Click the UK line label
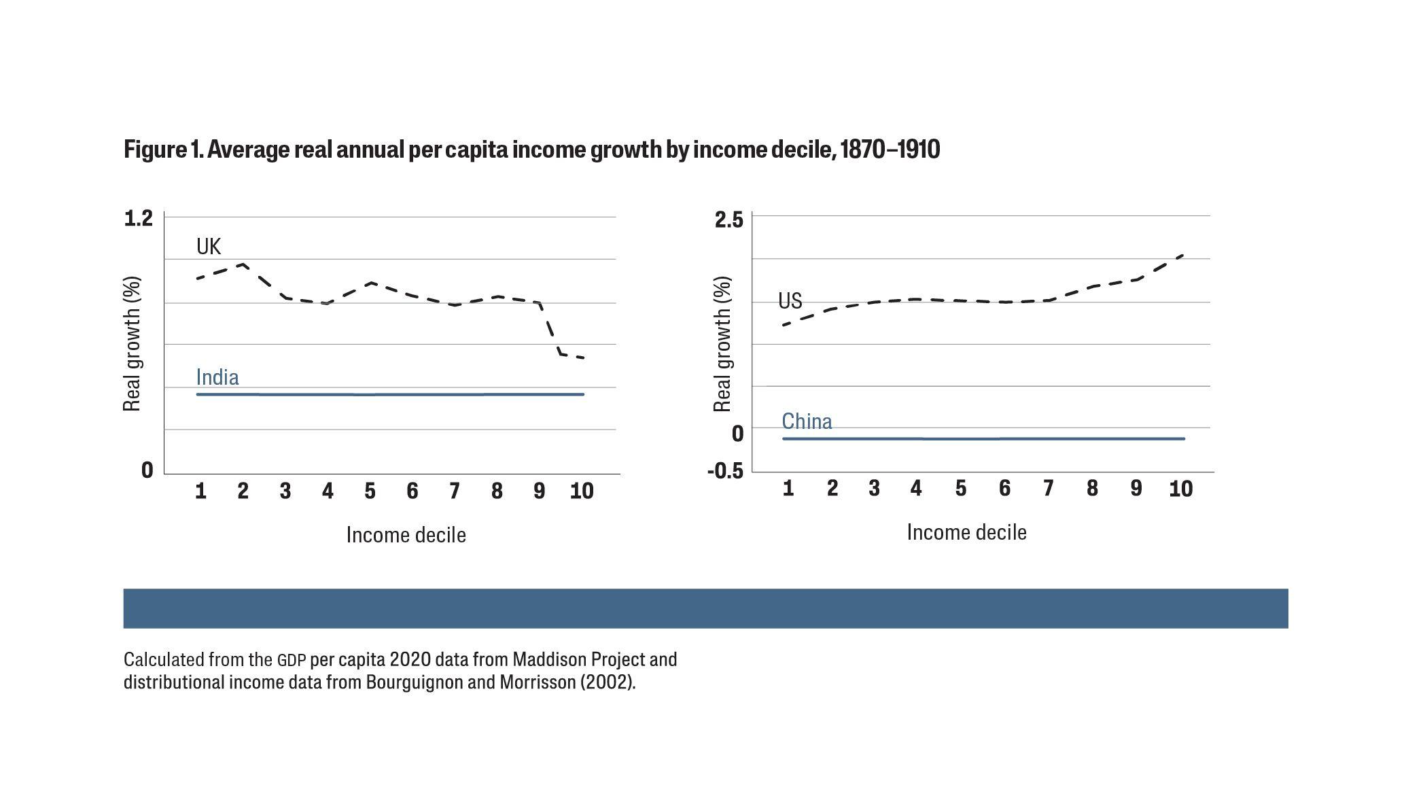[209, 246]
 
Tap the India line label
[217, 377]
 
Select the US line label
[790, 300]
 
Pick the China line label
[807, 421]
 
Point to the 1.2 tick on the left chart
[138, 218]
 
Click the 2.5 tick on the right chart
[728, 220]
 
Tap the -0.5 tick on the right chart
[725, 471]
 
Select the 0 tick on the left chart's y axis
[147, 470]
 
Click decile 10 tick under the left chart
[581, 491]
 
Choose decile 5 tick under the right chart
[960, 488]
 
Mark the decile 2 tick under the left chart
[243, 491]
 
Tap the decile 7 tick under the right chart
[1048, 488]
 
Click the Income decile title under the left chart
[406, 535]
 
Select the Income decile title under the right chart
[966, 532]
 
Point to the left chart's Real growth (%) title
[131, 344]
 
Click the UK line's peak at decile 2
[243, 264]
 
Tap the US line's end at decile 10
[1182, 256]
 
